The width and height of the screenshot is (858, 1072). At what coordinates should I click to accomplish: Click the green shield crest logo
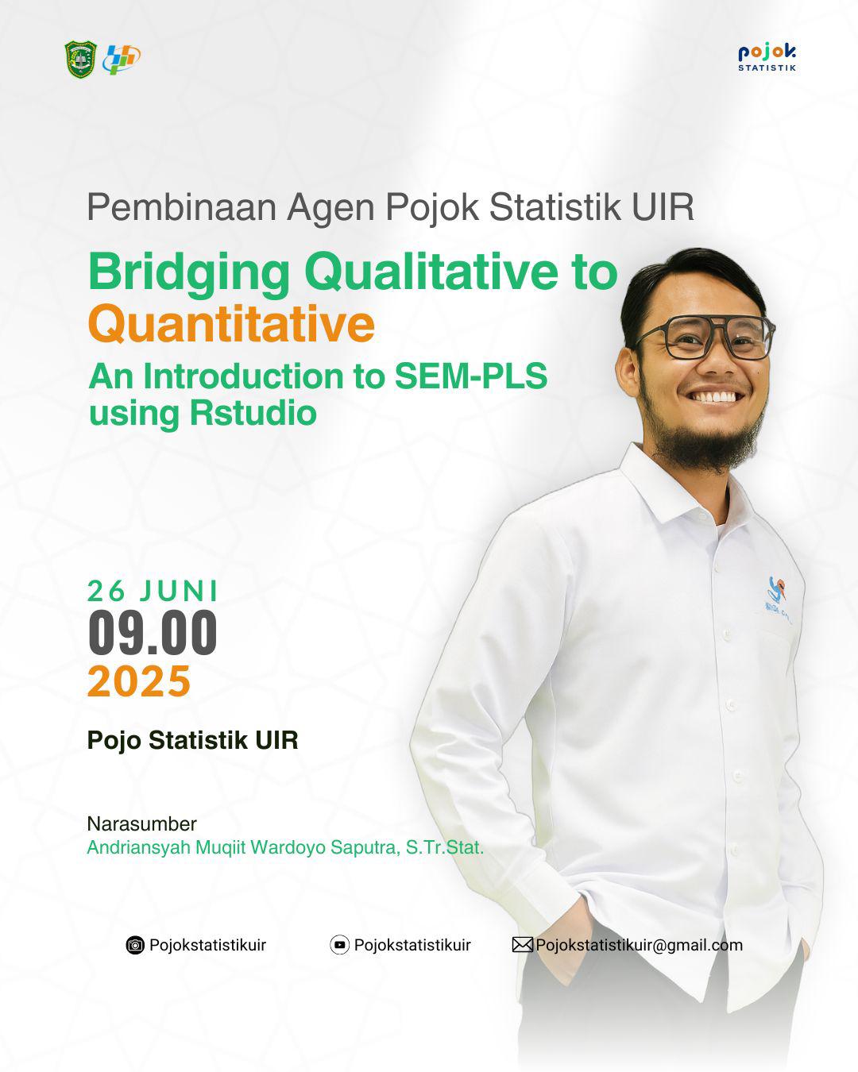coord(80,60)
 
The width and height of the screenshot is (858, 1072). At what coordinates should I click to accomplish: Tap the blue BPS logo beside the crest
coord(121,60)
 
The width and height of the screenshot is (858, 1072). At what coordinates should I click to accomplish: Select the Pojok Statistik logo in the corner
coord(767,58)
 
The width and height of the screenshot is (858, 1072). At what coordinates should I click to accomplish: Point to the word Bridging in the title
coord(189,273)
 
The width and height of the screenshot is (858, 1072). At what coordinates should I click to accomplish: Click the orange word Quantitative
coord(231,324)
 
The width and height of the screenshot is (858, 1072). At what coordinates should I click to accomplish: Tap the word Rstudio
coord(253,413)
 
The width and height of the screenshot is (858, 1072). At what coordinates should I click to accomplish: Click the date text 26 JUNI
coord(153,592)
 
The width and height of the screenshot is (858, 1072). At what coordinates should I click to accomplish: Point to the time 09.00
coord(153,632)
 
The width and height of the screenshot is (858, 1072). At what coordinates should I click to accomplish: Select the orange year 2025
coord(139,681)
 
